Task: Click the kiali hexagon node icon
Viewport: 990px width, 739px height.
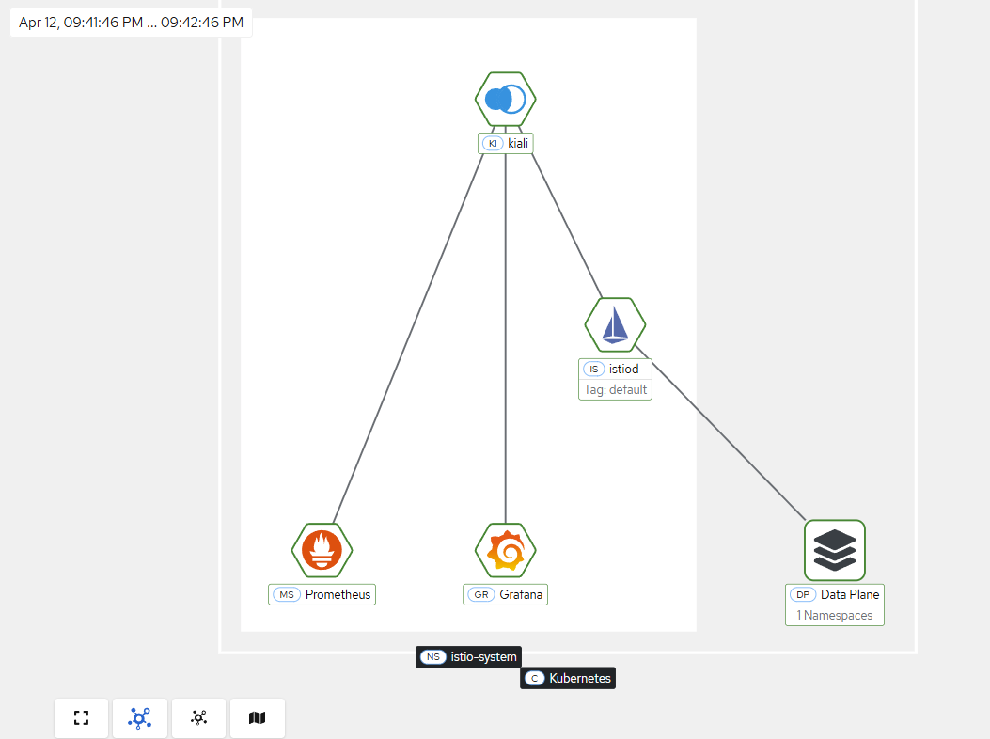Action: (x=505, y=99)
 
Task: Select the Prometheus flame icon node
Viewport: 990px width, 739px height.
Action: (x=322, y=550)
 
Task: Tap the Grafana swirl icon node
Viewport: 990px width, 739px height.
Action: (x=505, y=550)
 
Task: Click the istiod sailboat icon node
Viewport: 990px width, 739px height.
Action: (x=615, y=324)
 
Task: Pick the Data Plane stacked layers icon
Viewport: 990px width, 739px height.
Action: (x=835, y=550)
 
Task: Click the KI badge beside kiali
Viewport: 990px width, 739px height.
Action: (x=493, y=143)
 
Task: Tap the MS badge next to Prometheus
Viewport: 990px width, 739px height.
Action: (x=287, y=594)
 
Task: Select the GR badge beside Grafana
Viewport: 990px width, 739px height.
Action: (x=481, y=594)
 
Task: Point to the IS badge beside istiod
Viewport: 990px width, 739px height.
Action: (x=593, y=369)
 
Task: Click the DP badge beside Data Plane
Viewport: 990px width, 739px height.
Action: (x=803, y=594)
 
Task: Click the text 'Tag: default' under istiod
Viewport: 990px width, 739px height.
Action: (x=615, y=389)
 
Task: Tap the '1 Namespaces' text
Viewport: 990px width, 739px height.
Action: (x=835, y=615)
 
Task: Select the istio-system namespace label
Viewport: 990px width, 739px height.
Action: (x=468, y=657)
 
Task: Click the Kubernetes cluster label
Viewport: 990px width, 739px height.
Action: (x=568, y=679)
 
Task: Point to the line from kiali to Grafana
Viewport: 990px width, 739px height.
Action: (x=505, y=338)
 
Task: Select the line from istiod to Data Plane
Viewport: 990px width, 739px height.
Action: (x=720, y=432)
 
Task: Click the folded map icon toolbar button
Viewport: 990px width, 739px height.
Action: (x=257, y=717)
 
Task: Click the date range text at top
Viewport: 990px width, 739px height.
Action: (x=132, y=23)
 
